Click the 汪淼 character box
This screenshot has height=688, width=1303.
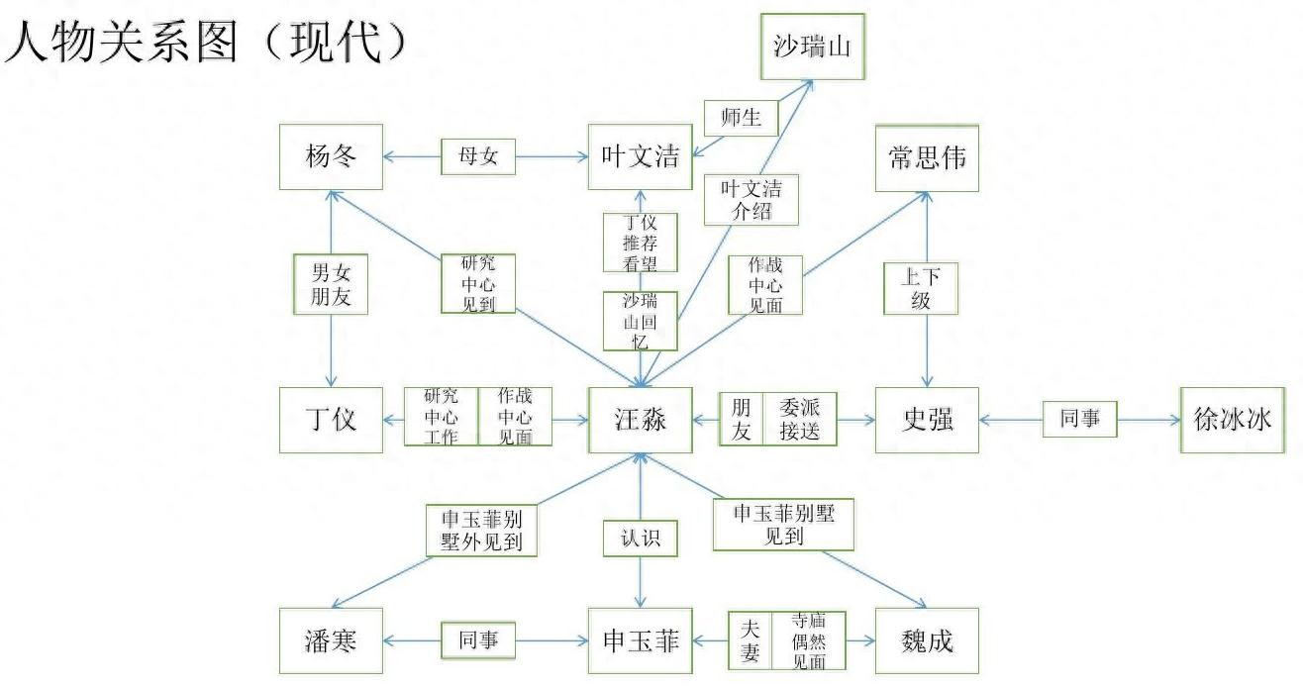[x=641, y=420]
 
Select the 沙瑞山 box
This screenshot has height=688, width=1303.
[x=813, y=46]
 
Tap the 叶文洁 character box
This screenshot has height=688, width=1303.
[x=641, y=156]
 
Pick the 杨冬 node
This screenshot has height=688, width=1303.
[x=331, y=156]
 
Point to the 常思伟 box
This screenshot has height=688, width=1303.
[x=927, y=157]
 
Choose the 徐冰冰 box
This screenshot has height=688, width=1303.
[x=1232, y=420]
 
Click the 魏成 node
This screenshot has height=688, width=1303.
[x=927, y=640]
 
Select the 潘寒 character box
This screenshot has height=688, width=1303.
[x=331, y=640]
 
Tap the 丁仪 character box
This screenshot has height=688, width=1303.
[x=331, y=420]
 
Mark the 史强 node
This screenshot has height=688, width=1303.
[x=927, y=420]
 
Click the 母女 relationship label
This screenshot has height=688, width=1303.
[x=478, y=156]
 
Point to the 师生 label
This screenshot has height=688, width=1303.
[x=742, y=118]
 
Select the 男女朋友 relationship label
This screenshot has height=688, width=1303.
[x=331, y=284]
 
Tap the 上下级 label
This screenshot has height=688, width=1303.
[x=921, y=288]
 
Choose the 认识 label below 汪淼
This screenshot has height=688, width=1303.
[x=641, y=540]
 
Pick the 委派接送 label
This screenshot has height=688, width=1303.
[x=799, y=420]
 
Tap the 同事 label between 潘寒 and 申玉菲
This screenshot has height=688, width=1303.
[x=478, y=640]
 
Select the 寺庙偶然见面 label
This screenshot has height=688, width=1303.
[x=809, y=640]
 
